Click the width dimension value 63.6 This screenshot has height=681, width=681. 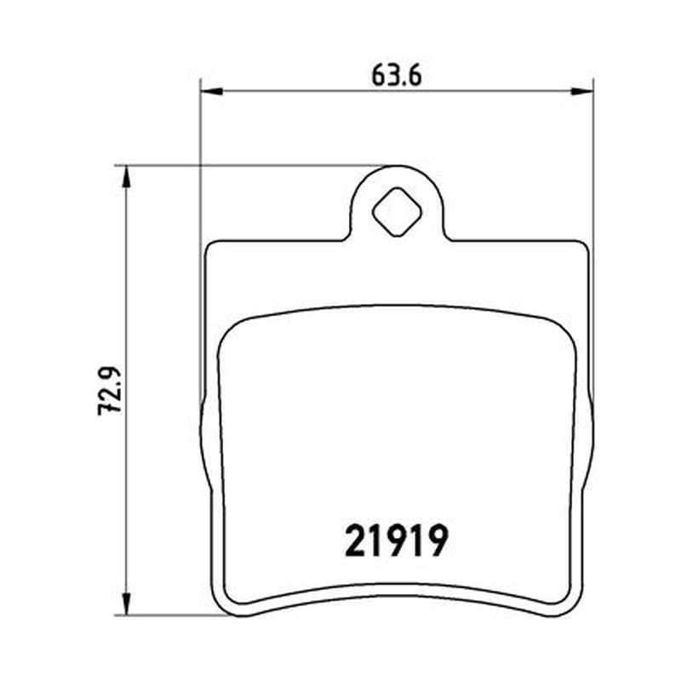click(397, 76)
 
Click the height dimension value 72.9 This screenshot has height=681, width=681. click(109, 391)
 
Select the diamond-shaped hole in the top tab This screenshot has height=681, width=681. click(397, 212)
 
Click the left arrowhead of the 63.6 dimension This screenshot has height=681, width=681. click(212, 91)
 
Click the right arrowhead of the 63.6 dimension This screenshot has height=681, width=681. click(582, 91)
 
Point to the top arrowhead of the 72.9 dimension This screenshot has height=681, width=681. click(126, 177)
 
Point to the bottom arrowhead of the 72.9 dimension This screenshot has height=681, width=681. click(126, 604)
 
